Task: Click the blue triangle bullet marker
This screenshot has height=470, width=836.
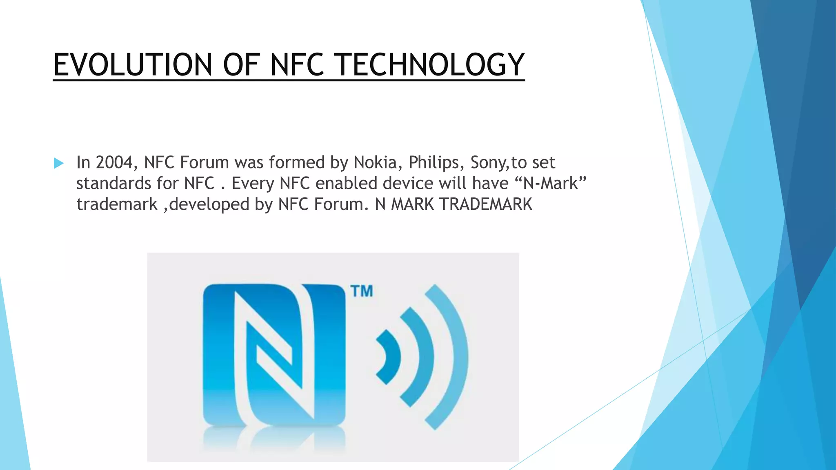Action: tap(59, 164)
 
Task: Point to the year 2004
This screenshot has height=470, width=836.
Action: tap(114, 162)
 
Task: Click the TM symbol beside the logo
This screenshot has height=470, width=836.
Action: tap(362, 291)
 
